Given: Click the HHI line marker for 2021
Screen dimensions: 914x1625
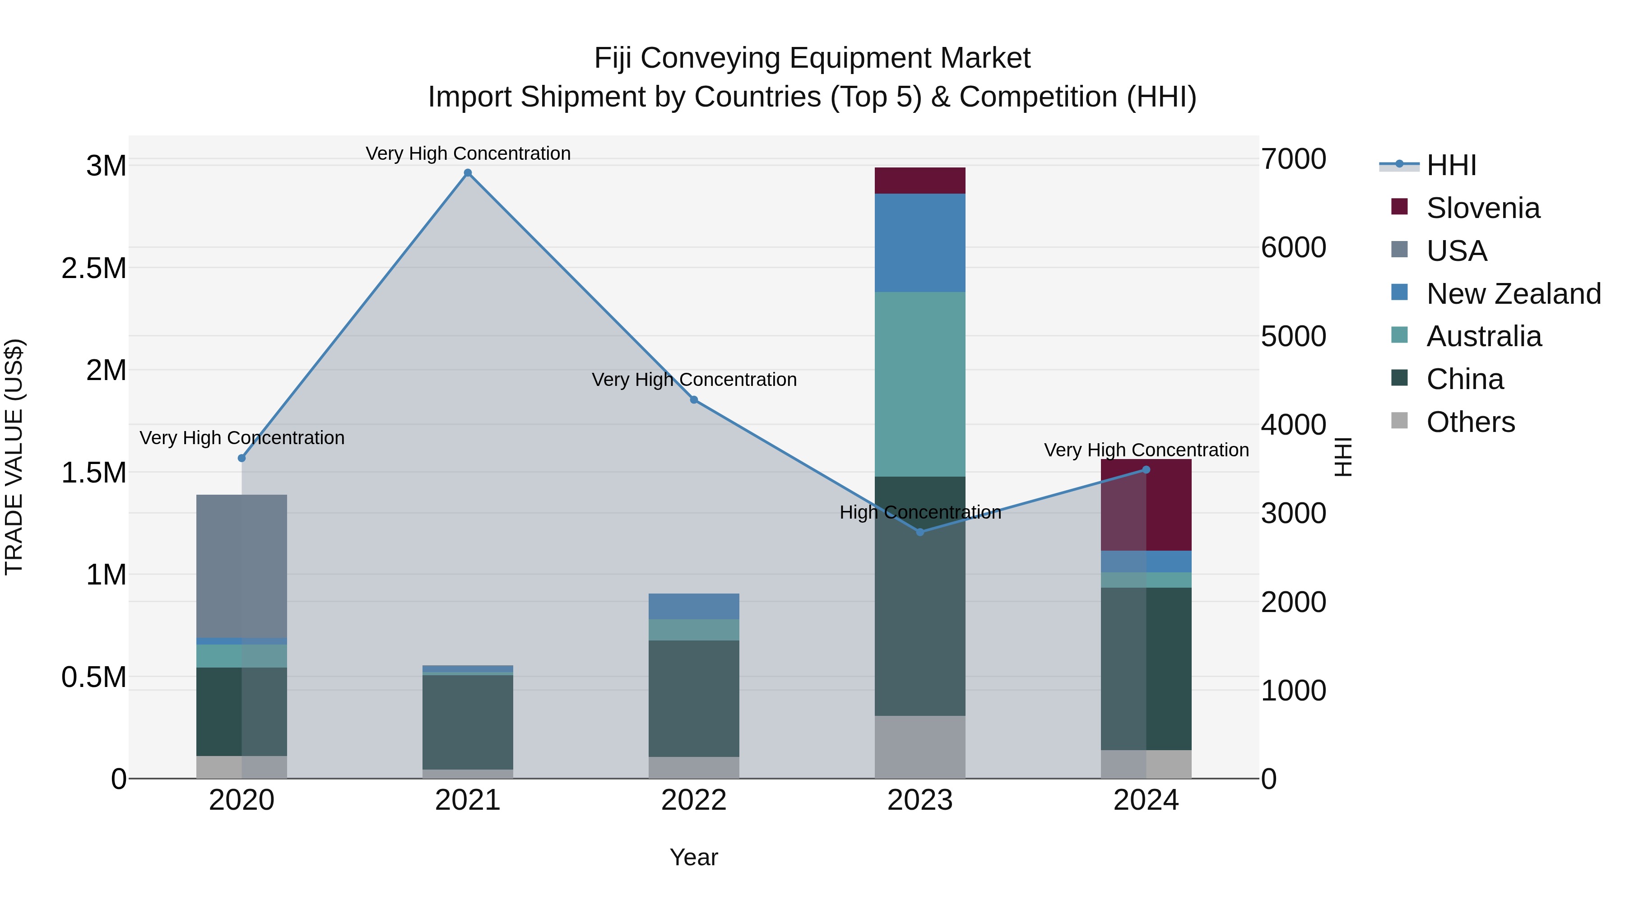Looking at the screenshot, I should pos(468,173).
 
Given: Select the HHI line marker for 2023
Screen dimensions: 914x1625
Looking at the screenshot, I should pos(920,532).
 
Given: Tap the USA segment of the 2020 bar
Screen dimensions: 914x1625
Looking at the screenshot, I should pos(241,566).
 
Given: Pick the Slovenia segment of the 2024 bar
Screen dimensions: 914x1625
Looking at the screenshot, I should pos(1146,505).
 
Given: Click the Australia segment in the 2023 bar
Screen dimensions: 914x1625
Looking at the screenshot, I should pos(920,384).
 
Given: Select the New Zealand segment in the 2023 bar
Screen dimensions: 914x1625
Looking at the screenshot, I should pos(920,242).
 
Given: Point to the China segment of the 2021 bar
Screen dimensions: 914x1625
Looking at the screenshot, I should pos(468,722).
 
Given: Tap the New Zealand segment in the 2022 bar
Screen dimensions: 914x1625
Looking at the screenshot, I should pos(693,606).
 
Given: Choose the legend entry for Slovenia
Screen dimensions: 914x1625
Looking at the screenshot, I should pos(1482,208).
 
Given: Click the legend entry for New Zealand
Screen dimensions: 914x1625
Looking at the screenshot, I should pos(1513,294).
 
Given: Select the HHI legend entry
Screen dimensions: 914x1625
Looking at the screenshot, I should pos(1451,165).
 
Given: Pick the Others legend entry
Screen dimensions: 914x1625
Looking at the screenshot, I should pos(1470,422).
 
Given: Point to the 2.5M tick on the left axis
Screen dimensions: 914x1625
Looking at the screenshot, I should pos(93,268).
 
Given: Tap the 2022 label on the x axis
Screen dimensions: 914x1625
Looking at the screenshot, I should pos(693,800).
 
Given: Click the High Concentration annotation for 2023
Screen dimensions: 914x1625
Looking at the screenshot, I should pos(920,512).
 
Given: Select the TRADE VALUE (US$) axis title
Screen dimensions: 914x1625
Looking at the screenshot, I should pos(14,457).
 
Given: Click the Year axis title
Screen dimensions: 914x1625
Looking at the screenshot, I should pos(693,857).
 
